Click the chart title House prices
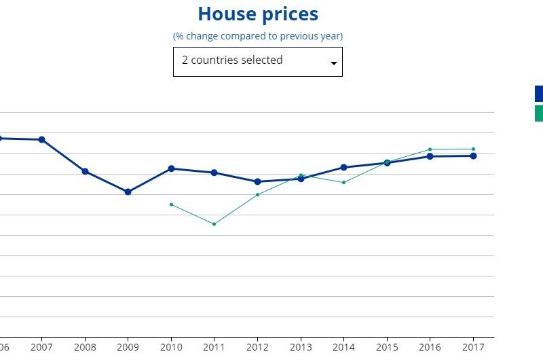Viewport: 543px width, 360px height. tap(258, 14)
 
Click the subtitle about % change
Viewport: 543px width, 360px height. tap(258, 35)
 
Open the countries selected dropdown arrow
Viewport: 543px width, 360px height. tap(333, 63)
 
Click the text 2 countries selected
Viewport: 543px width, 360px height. tap(232, 60)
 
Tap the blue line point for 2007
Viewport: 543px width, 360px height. tap(41, 140)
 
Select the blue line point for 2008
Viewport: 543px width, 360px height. tap(85, 171)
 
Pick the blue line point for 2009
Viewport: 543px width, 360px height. tap(128, 192)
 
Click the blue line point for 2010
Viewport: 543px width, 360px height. tap(171, 168)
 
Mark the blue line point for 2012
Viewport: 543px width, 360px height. tap(257, 181)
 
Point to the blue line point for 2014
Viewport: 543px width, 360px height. tap(343, 167)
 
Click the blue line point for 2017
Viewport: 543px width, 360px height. tap(473, 156)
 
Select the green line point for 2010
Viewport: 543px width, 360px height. tap(171, 204)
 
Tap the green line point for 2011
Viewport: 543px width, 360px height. tap(214, 224)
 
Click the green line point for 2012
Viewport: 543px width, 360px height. tap(257, 195)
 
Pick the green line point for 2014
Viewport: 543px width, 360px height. tap(343, 183)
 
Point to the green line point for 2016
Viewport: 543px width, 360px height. tap(430, 149)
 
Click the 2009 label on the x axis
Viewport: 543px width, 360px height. tap(128, 347)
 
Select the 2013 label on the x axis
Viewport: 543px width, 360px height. tap(301, 347)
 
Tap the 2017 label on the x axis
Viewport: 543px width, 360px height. tap(473, 347)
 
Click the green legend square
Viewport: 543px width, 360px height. tap(539, 113)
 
